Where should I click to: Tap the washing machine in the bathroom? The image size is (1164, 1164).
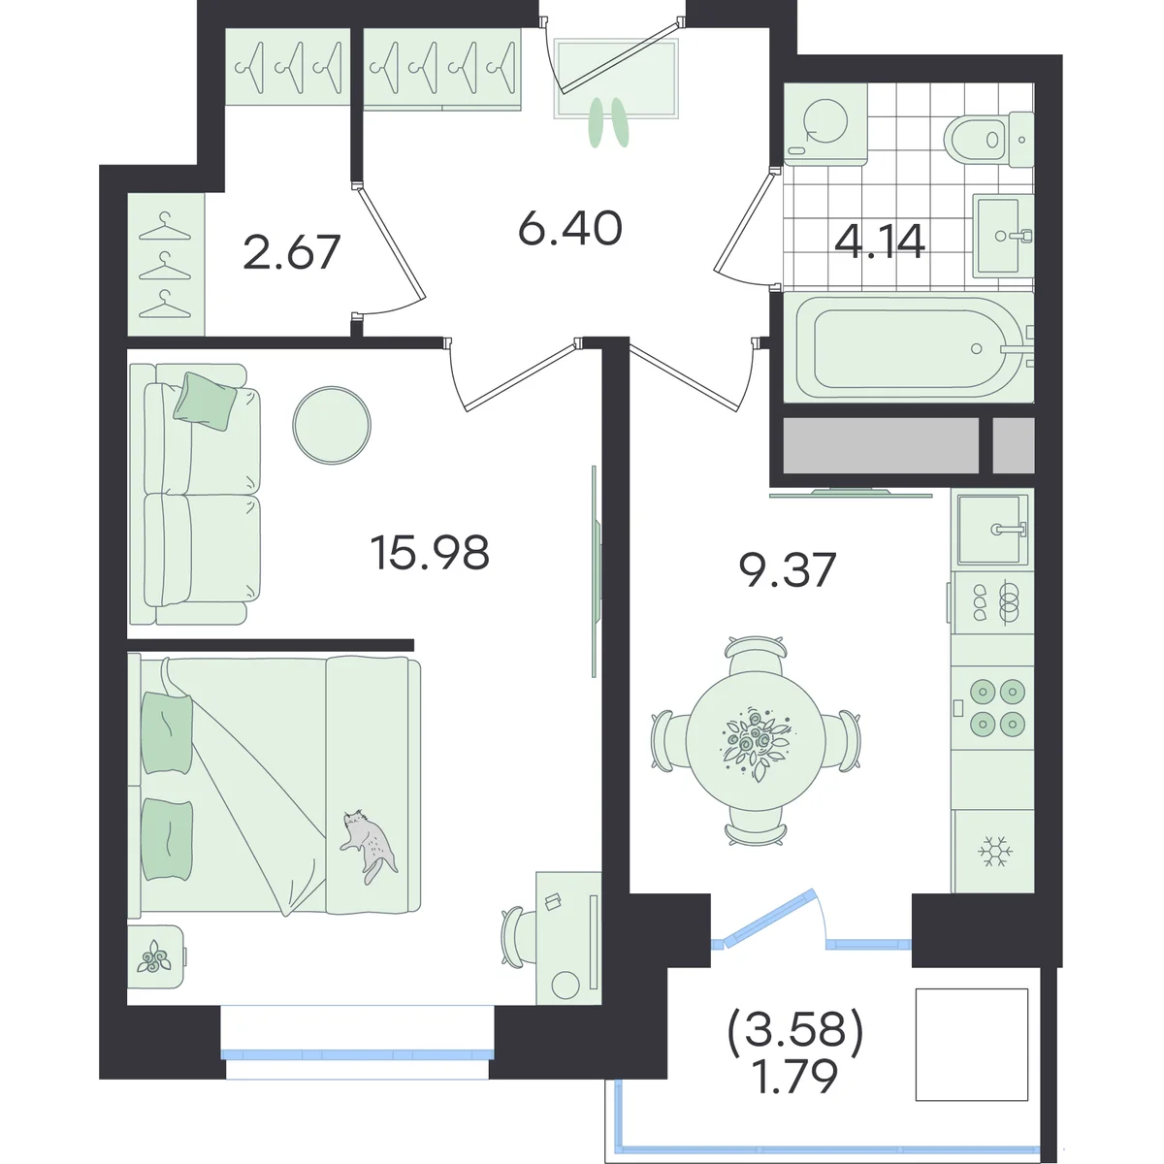click(825, 124)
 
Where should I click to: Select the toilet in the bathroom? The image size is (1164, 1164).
click(988, 140)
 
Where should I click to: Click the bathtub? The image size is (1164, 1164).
click(909, 348)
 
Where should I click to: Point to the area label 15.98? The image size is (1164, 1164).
click(430, 553)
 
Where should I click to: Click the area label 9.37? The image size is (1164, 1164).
click(787, 569)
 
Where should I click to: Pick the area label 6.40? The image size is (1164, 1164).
click(570, 229)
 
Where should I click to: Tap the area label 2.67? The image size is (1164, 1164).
click(292, 252)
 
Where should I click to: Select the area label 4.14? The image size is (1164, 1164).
click(880, 241)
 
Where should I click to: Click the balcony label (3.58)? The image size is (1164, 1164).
click(796, 1030)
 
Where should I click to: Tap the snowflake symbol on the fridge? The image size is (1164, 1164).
click(995, 851)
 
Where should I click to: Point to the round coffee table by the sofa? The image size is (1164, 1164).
click(332, 425)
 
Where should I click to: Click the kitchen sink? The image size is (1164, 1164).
click(992, 530)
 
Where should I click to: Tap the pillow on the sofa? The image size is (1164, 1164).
click(206, 401)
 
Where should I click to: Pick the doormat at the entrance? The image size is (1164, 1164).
click(616, 78)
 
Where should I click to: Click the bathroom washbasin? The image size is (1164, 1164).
click(1003, 236)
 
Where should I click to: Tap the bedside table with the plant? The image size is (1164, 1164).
click(156, 956)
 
